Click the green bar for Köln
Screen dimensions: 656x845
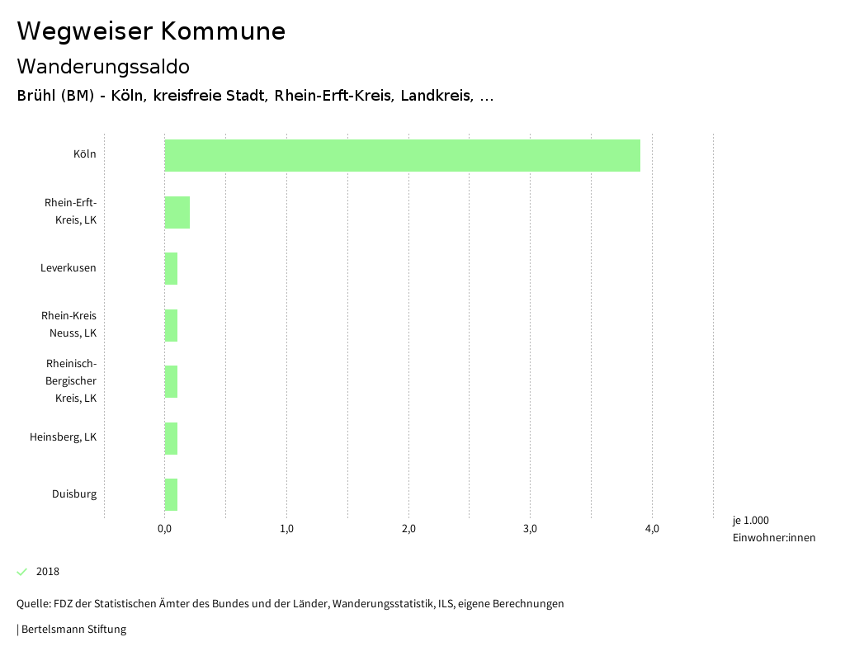tap(402, 155)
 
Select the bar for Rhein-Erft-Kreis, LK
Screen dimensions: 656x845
tap(177, 212)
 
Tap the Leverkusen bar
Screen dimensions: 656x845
tap(171, 268)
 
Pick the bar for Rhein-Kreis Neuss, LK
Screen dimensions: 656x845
tap(171, 325)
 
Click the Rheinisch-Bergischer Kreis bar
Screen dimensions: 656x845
tap(171, 381)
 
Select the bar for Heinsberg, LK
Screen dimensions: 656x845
tap(171, 438)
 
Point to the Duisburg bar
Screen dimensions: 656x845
tap(171, 494)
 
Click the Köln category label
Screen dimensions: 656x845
tap(84, 154)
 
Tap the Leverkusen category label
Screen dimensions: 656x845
tap(68, 268)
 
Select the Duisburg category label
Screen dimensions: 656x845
tap(74, 494)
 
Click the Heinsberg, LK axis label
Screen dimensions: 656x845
tap(64, 437)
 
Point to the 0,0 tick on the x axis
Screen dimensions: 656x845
tap(164, 529)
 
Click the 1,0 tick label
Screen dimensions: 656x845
tap(286, 529)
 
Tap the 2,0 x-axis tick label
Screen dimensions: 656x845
tap(408, 529)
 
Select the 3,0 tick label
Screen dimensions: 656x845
tap(530, 529)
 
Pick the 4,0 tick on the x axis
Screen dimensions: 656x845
tap(652, 529)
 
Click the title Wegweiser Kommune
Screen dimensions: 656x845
tap(151, 31)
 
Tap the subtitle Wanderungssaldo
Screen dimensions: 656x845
tap(103, 66)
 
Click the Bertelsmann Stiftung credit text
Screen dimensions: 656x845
tap(73, 630)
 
